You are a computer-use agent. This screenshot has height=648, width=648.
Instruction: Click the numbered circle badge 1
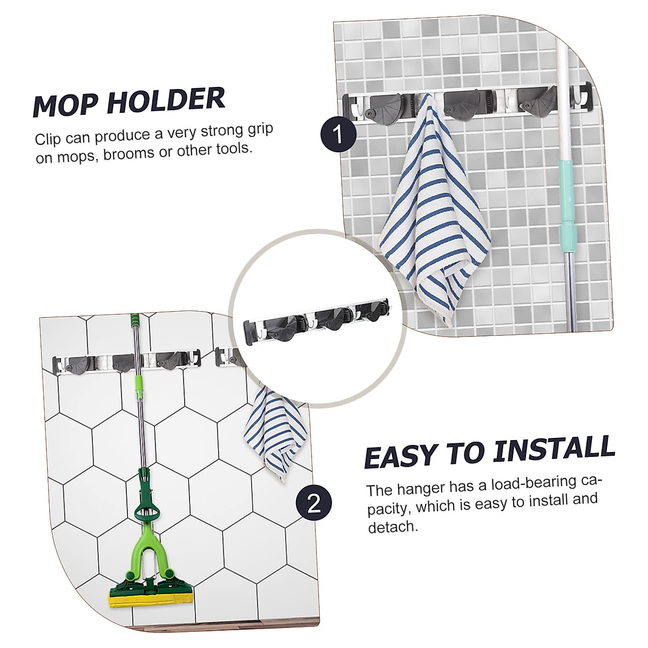click(x=338, y=134)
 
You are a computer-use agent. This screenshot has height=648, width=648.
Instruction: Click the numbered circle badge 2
click(x=314, y=505)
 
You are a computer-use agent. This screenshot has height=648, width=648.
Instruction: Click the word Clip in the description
click(x=50, y=140)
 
